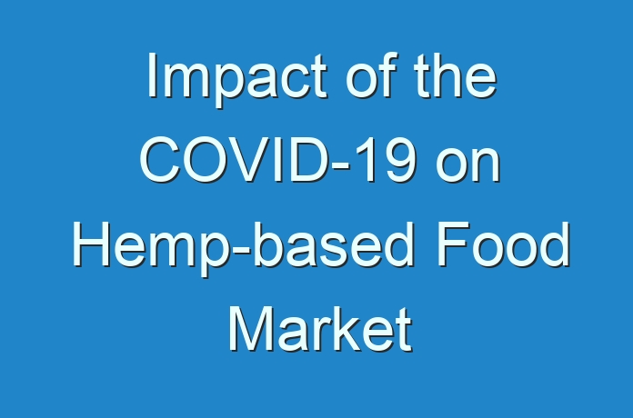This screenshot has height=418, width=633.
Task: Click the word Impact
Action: [x=237, y=79]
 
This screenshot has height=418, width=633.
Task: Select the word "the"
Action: [x=456, y=75]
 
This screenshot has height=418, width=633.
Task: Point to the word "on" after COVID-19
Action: [x=468, y=164]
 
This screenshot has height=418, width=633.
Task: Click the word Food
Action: [x=504, y=244]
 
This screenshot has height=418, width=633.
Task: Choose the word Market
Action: [x=320, y=329]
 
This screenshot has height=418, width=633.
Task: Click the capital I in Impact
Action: [x=152, y=75]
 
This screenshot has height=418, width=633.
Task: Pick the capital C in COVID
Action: [x=160, y=160]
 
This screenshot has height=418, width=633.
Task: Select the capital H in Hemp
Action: [x=91, y=244]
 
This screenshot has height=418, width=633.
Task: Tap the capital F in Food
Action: [x=454, y=244]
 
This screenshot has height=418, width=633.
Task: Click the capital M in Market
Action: [x=251, y=329]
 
